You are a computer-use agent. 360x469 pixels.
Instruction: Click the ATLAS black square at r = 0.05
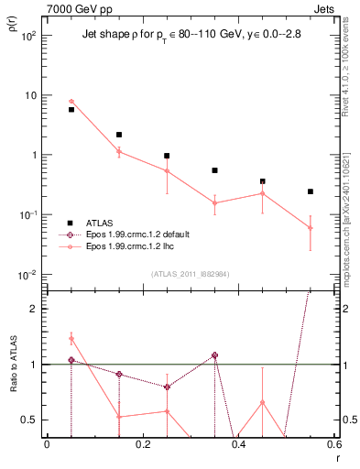point(71,109)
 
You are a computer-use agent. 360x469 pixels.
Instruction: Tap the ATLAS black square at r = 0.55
point(311,191)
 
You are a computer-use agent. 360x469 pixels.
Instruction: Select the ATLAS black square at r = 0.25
point(167,156)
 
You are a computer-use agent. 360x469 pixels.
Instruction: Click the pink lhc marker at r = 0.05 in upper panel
point(71,102)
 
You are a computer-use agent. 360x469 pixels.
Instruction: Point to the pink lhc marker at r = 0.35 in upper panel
point(214,203)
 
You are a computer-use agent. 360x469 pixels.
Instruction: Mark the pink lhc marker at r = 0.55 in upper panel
point(311,228)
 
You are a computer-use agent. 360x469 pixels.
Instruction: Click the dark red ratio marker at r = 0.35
point(214,355)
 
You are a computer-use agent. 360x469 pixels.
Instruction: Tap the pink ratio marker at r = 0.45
point(263,402)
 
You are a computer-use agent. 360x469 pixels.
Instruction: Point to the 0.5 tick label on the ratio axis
point(30,420)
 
